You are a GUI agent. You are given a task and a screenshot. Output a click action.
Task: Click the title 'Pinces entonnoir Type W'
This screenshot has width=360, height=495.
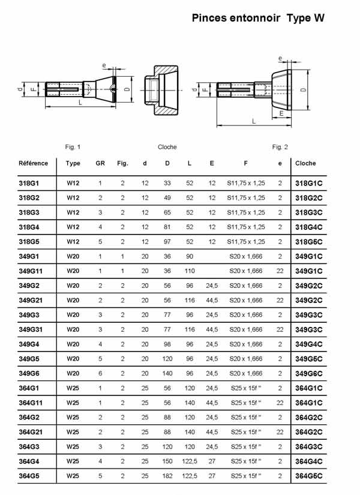click(258, 19)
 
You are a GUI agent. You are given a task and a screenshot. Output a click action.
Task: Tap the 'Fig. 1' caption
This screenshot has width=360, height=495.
click(73, 147)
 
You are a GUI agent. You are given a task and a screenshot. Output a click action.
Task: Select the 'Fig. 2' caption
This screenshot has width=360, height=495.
click(280, 147)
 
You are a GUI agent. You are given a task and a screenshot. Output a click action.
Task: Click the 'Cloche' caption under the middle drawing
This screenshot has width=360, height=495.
click(167, 147)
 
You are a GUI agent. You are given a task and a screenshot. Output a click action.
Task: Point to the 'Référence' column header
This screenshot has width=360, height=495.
click(34, 163)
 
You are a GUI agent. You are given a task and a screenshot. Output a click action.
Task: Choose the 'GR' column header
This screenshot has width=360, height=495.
click(100, 163)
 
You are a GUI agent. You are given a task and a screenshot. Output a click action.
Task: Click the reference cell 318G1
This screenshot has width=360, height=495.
click(29, 183)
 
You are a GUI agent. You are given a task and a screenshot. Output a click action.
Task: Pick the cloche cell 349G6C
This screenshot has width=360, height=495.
click(310, 373)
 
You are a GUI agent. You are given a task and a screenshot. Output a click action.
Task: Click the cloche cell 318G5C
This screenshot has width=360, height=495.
click(310, 242)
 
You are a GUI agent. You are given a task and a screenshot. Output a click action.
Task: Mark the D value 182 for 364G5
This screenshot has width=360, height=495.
click(167, 476)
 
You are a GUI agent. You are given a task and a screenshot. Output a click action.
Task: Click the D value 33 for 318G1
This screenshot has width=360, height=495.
click(167, 183)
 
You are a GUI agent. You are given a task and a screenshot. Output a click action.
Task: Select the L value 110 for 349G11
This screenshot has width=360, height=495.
click(190, 271)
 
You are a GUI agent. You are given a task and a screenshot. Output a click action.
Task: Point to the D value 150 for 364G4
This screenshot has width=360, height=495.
click(167, 461)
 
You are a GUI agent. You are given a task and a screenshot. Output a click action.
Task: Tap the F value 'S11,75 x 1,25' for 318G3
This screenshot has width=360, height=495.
click(246, 212)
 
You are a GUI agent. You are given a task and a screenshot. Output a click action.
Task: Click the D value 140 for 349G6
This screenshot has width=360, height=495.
click(167, 373)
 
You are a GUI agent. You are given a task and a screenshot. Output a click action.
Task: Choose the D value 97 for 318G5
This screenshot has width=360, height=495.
click(167, 242)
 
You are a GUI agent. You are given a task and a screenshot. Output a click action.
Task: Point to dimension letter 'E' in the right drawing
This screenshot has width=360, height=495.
click(281, 112)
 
